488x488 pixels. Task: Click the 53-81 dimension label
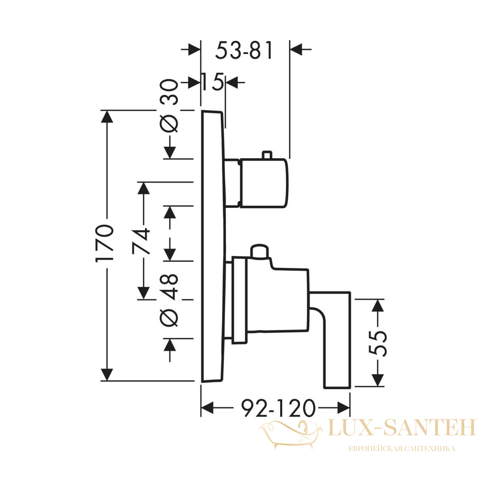click(244, 50)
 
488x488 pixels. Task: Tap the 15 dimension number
click(213, 82)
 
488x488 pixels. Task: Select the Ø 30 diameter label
click(169, 106)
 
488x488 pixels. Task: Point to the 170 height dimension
click(105, 243)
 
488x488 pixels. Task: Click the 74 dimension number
click(141, 241)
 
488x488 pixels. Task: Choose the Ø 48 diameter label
click(169, 300)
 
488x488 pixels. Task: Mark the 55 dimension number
click(377, 344)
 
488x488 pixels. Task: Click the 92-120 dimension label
click(278, 408)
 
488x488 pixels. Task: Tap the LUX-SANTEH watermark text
click(402, 428)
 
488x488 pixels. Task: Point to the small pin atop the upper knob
click(267, 155)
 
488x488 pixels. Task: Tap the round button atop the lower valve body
click(259, 251)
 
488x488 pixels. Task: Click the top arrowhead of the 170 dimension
click(107, 117)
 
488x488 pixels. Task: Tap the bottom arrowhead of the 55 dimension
click(377, 380)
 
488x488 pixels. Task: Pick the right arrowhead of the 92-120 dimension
click(344, 408)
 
